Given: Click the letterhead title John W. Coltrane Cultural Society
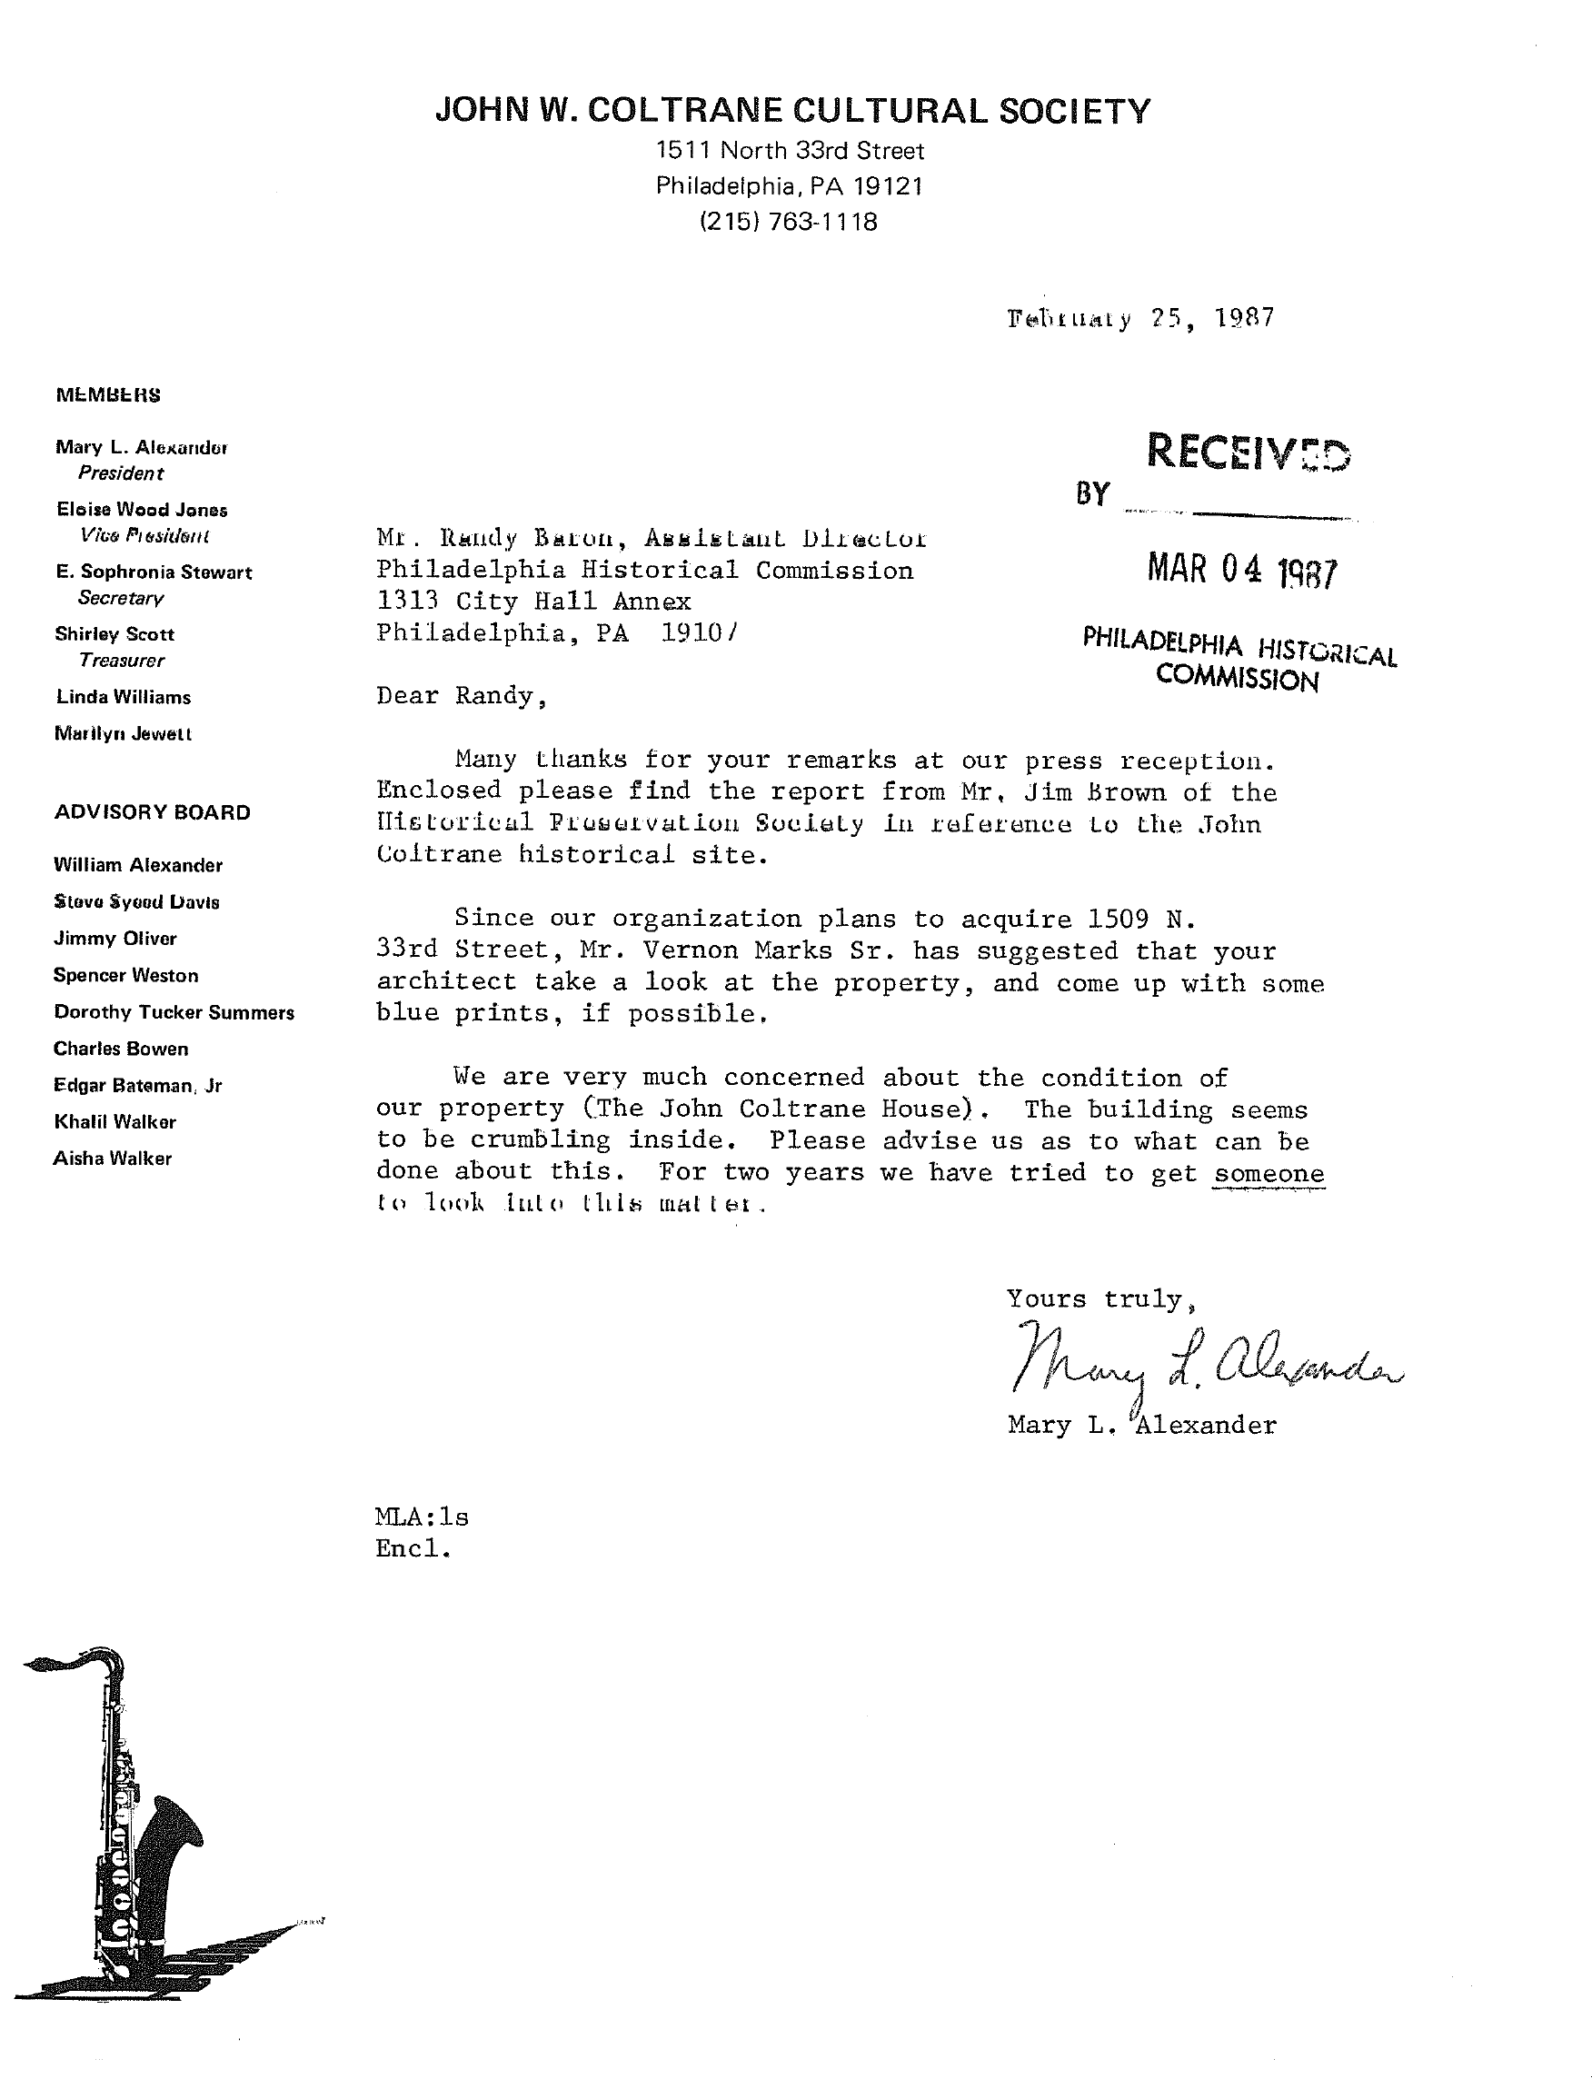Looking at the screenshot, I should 792,111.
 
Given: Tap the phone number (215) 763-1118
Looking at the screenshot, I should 789,222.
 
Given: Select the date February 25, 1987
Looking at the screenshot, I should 1140,317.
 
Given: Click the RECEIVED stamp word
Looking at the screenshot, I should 1248,452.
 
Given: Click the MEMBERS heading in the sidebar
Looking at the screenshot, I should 108,395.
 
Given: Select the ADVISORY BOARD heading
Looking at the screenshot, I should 153,812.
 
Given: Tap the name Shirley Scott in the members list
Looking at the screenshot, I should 114,634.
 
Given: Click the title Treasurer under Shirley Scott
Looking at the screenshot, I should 121,661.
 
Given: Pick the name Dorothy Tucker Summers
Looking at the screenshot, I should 174,1012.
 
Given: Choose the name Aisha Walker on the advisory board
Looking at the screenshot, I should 113,1158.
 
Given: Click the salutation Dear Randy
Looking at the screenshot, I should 462,695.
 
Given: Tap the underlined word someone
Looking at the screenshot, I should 1269,1173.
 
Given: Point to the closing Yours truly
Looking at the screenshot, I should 1094,1298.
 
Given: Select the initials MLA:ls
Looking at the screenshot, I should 422,1517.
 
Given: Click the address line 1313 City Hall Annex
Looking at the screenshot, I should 533,601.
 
